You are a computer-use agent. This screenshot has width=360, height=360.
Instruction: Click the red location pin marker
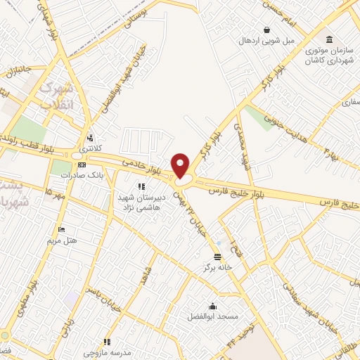181,165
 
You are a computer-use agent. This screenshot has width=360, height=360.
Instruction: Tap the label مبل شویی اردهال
268,40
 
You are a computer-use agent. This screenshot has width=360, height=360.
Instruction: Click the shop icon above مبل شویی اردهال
267,30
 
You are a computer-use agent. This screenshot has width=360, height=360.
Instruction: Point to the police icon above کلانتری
89,139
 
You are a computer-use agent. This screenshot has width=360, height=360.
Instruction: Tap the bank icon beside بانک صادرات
82,165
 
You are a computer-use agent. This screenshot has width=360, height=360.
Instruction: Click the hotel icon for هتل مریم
62,230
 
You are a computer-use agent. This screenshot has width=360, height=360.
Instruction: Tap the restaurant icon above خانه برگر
217,257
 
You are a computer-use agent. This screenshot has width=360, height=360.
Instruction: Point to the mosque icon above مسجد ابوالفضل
212,306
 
